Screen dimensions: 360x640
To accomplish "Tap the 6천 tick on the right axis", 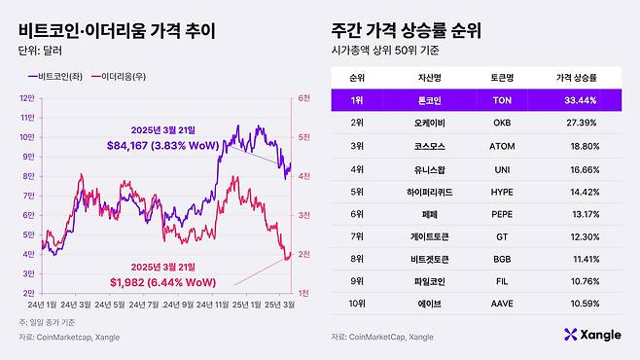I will [303, 97].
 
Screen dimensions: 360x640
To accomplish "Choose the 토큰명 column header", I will [491, 76].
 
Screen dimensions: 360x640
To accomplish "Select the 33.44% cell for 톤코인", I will [580, 99].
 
